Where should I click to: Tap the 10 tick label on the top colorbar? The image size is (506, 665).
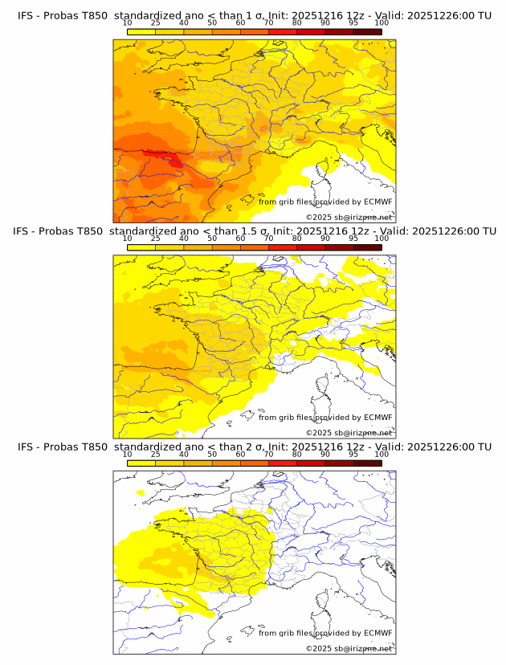(x=127, y=22)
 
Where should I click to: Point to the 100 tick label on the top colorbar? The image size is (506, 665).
(x=382, y=22)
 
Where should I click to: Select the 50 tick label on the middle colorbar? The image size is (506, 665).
(x=212, y=238)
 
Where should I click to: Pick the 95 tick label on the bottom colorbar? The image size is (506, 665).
(x=353, y=453)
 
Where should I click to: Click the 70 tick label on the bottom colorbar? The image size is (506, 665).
(x=268, y=453)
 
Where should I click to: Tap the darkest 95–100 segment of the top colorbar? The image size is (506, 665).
(x=367, y=31)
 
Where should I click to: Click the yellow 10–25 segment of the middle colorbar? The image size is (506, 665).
(x=141, y=247)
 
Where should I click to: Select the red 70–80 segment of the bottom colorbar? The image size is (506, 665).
(x=283, y=462)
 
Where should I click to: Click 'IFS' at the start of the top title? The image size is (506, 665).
(x=25, y=16)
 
